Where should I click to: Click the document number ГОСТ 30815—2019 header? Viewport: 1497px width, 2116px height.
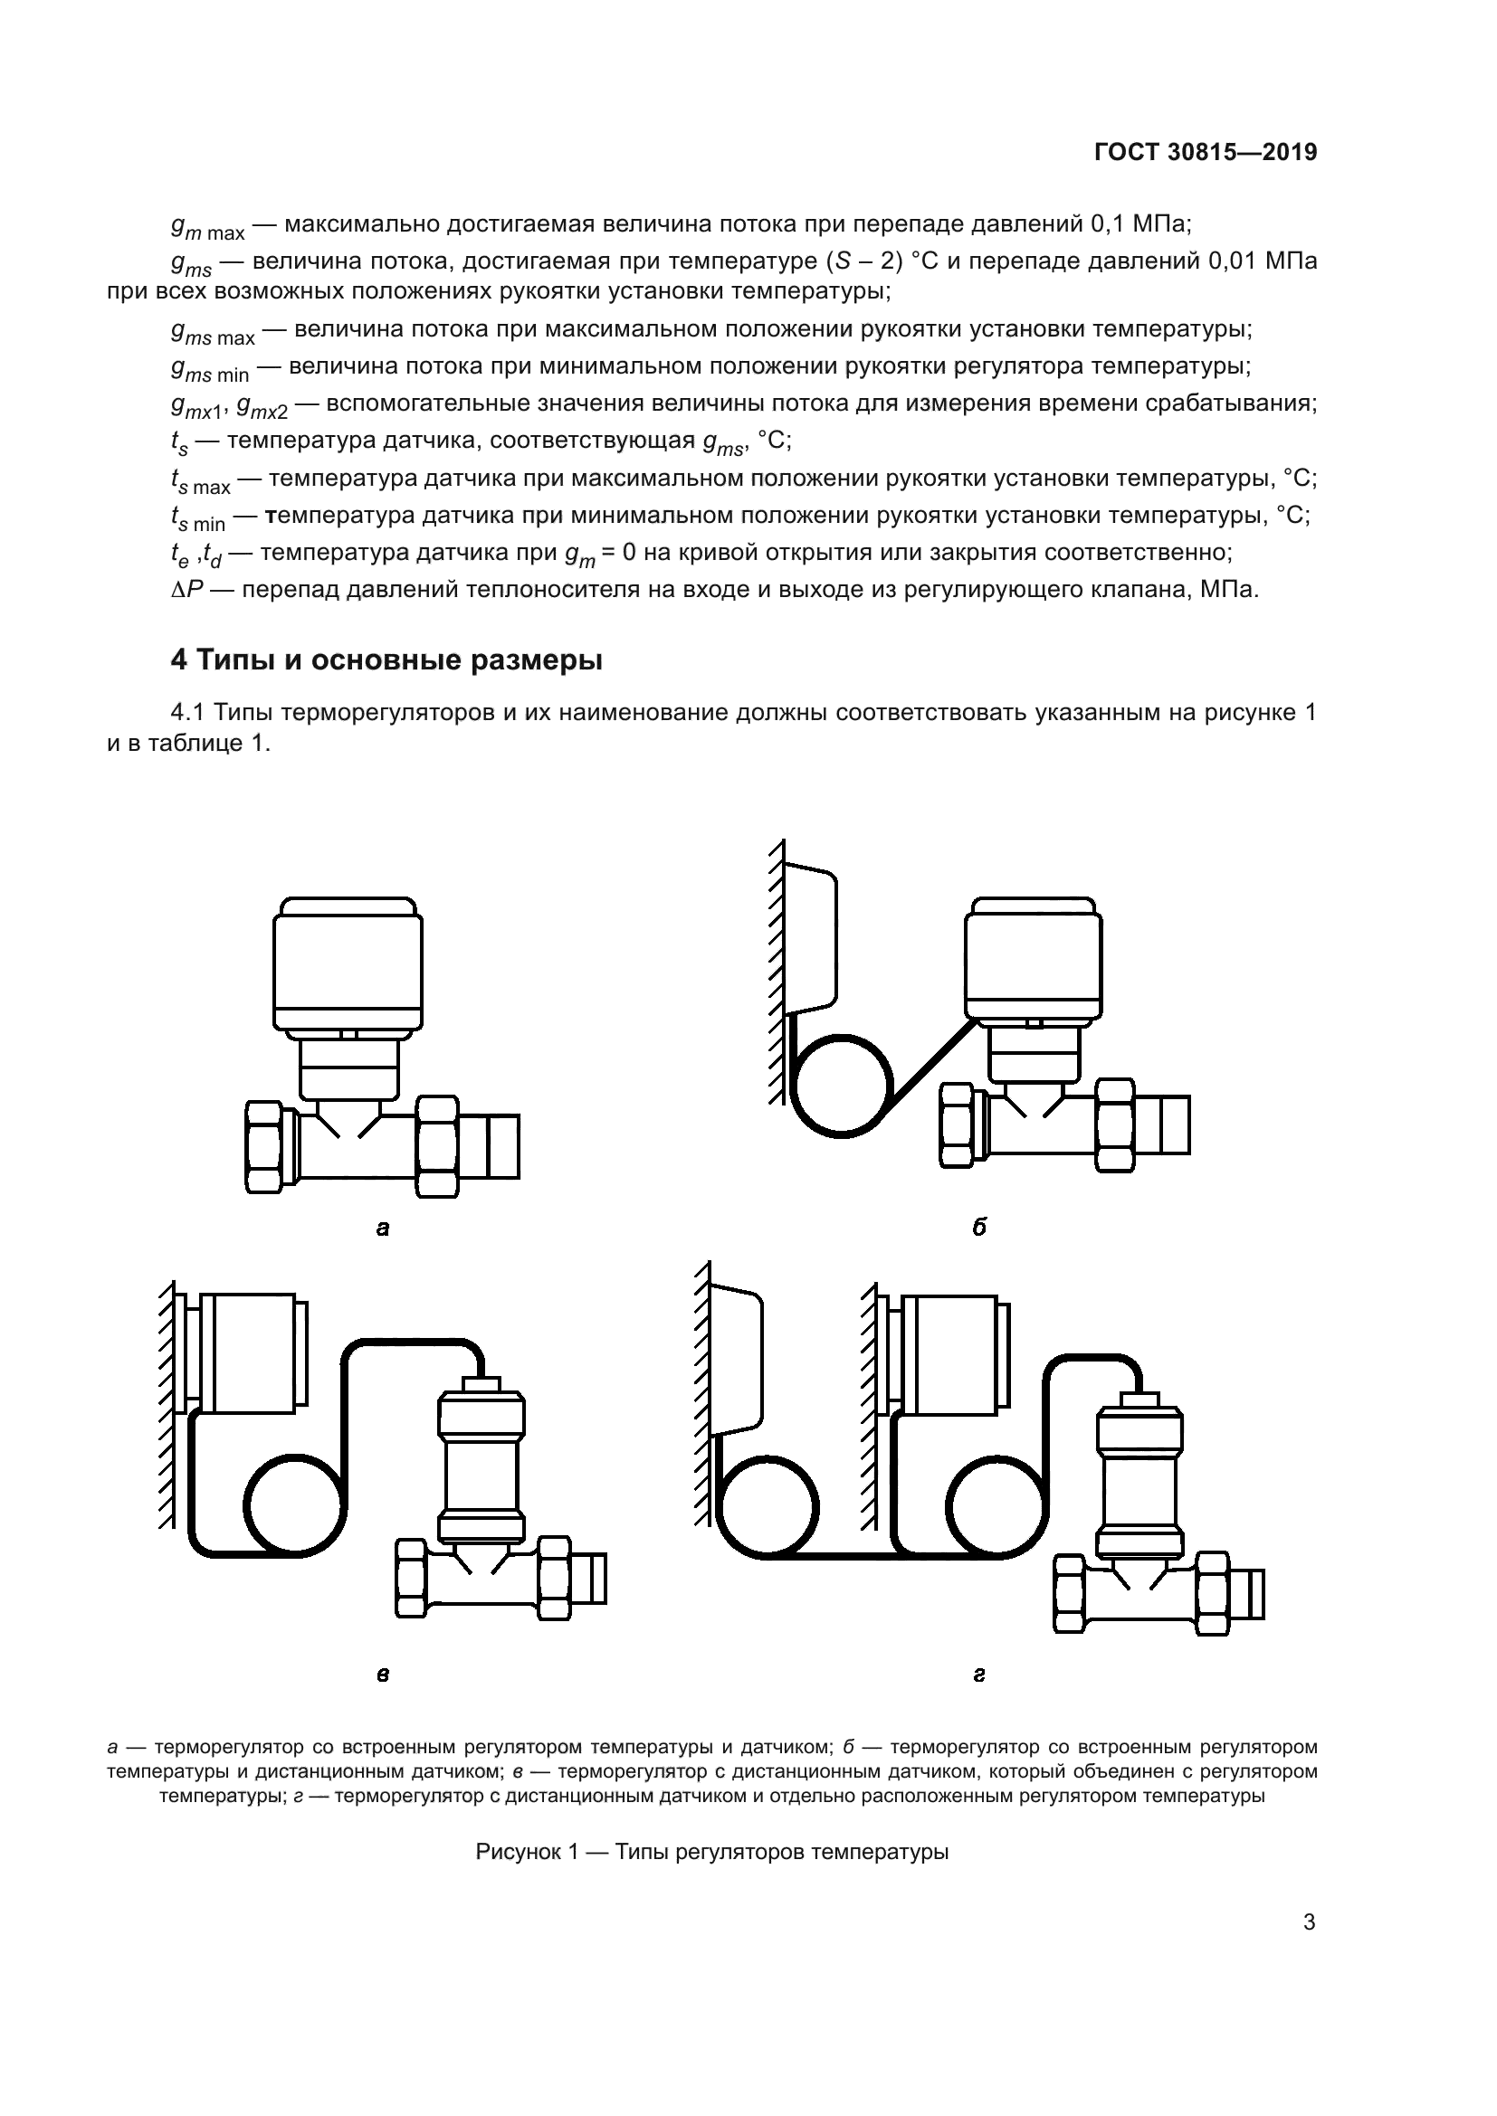(x=1205, y=153)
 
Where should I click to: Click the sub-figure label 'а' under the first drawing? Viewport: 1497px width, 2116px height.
(x=383, y=1228)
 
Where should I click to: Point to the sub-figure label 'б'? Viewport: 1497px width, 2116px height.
(x=979, y=1227)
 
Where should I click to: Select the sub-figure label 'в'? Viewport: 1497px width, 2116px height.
(x=383, y=1675)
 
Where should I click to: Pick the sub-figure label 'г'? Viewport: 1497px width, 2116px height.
(x=979, y=1675)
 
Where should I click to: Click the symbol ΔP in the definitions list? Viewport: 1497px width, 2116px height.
(x=186, y=590)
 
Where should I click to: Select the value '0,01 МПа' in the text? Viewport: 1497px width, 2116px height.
(x=1262, y=261)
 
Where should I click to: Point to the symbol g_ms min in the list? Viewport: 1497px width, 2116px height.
(x=209, y=368)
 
